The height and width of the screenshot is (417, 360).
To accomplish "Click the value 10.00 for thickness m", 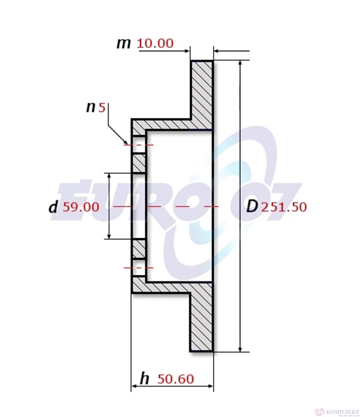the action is click(x=155, y=43).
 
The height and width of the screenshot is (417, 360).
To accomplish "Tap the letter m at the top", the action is click(x=124, y=43).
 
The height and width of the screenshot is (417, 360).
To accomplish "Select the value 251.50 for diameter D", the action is click(x=284, y=207).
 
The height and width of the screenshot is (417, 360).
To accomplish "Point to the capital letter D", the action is click(x=252, y=206).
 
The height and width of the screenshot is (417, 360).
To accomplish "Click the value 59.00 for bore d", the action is click(x=81, y=207).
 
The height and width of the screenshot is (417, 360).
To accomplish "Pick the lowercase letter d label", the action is click(x=53, y=206).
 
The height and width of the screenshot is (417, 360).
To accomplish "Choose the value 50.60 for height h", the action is click(x=175, y=379).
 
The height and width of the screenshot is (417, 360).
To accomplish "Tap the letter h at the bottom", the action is click(x=145, y=379).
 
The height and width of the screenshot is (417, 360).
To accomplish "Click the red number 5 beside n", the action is click(x=102, y=108).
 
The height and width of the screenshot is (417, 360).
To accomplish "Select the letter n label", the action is click(x=91, y=108).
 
